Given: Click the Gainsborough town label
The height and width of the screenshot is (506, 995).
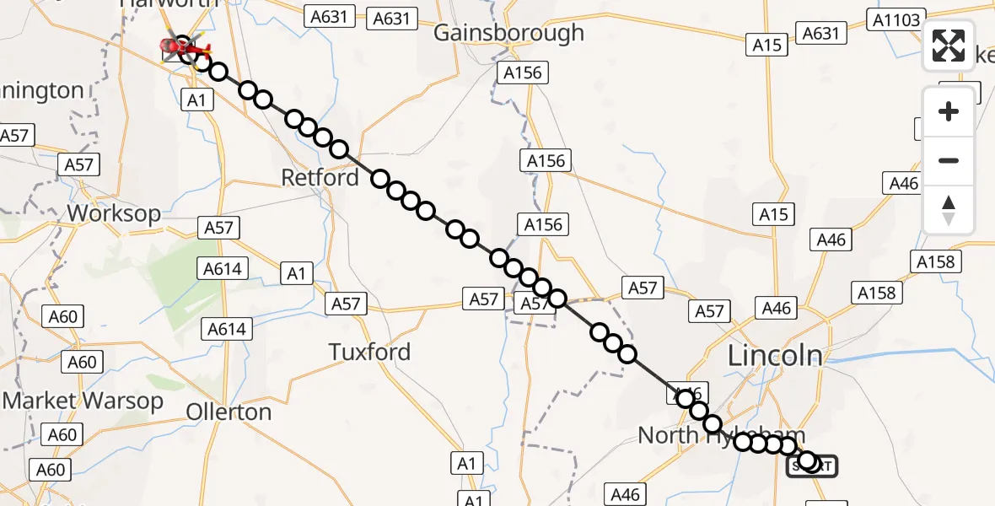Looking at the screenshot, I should tap(508, 33).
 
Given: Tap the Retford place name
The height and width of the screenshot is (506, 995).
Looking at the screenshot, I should tap(320, 178).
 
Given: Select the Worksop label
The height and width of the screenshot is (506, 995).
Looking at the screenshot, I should tap(114, 213).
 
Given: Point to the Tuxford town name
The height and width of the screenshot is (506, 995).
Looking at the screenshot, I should tap(369, 352).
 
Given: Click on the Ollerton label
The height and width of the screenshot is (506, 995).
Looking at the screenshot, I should tap(229, 412).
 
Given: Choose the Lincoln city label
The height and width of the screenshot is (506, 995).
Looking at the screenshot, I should tap(775, 356).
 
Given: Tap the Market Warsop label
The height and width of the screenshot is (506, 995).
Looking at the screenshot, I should tap(83, 401).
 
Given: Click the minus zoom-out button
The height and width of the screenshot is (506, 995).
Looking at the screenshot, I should tap(949, 160).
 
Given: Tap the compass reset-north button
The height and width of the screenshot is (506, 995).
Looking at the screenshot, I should tap(949, 209).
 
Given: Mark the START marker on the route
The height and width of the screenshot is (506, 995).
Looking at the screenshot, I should tap(813, 465).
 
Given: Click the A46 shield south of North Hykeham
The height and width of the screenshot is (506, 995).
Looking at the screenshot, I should tap(625, 494).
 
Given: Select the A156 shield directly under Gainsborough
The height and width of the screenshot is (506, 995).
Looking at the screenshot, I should tap(522, 73).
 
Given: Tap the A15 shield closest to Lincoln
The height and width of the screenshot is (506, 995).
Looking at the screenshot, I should tap(773, 215).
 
